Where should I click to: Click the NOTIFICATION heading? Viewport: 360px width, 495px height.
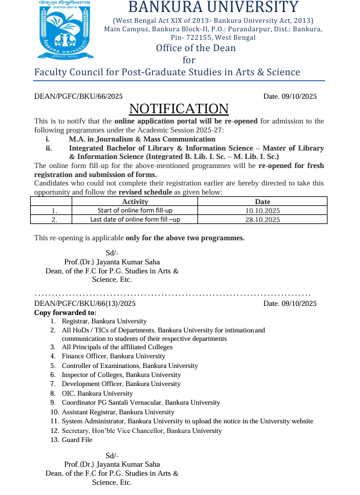(x=179, y=108)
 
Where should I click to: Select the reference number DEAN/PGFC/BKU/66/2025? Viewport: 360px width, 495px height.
(x=78, y=96)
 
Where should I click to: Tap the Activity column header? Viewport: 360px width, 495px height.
(x=135, y=202)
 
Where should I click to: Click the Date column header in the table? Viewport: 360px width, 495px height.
(x=262, y=202)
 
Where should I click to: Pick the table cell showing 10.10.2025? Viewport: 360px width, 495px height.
(x=262, y=211)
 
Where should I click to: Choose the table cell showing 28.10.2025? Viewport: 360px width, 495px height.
(x=262, y=220)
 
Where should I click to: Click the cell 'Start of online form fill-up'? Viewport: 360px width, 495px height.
(x=135, y=211)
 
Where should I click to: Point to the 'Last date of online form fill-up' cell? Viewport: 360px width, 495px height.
(x=135, y=220)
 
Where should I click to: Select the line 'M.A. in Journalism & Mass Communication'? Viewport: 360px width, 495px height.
(x=142, y=139)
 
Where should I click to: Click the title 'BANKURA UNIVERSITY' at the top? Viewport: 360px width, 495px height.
(x=213, y=8)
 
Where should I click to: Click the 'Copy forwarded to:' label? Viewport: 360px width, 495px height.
(x=65, y=313)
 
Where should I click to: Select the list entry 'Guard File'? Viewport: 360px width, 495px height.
(x=77, y=440)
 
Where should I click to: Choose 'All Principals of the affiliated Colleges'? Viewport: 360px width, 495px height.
(x=117, y=347)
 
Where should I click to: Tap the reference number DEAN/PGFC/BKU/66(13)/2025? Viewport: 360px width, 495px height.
(x=85, y=304)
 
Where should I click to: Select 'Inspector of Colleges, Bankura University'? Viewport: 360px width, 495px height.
(x=121, y=375)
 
